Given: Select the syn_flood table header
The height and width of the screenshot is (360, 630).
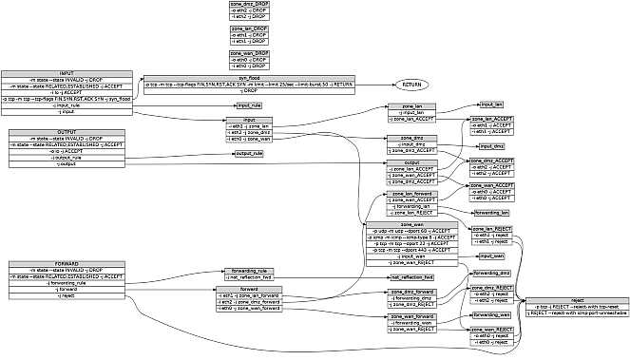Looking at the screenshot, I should click(249, 78).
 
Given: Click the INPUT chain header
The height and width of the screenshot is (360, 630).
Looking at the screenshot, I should click(67, 72).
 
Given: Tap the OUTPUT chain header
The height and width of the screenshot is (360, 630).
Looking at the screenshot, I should click(67, 131).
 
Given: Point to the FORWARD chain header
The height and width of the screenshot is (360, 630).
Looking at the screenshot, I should click(67, 263).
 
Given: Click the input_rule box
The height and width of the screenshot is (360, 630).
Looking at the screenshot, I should click(249, 105).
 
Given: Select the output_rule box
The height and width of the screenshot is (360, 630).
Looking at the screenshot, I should click(249, 154).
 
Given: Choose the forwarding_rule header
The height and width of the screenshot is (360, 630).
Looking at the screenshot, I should click(249, 271).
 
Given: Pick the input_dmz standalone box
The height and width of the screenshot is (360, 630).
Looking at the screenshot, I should click(491, 146).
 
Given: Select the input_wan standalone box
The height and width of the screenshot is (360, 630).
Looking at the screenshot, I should click(491, 256).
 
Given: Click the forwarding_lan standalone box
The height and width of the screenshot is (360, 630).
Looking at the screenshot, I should click(491, 214).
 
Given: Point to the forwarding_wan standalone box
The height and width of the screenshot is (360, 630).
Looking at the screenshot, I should click(491, 313).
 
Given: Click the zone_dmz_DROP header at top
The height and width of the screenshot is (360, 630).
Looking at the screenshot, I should click(249, 5).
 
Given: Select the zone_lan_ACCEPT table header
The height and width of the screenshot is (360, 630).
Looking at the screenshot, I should click(492, 117).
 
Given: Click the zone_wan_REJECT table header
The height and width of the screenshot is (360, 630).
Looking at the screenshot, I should click(492, 328).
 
